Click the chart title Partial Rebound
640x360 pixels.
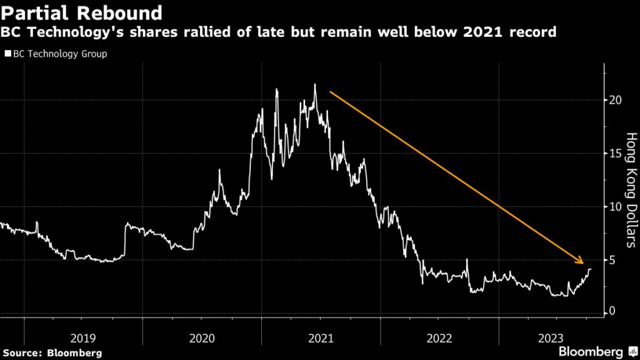click(82, 12)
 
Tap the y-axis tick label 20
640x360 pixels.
click(617, 100)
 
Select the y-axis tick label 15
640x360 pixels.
click(617, 153)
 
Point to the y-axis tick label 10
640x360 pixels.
click(617, 206)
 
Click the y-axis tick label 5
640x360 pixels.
click(614, 259)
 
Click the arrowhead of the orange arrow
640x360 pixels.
click(581, 261)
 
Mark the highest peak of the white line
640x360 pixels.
click(315, 84)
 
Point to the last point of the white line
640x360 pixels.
click(591, 269)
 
